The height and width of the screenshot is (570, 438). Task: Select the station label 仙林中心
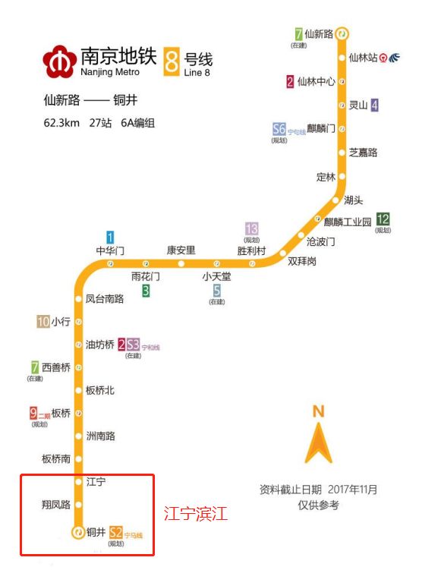click(317, 82)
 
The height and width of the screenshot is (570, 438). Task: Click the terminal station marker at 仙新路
click(343, 34)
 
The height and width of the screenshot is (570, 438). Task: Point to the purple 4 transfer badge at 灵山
click(374, 105)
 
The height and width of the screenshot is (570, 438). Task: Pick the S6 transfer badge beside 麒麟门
click(279, 130)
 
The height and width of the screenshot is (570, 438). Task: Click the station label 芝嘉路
click(363, 153)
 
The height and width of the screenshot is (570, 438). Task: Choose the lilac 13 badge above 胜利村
click(252, 228)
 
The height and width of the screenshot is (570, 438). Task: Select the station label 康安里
click(181, 250)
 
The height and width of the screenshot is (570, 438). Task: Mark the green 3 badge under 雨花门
click(146, 290)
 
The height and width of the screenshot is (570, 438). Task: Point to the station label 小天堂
click(216, 277)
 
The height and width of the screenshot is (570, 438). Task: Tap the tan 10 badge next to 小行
click(43, 322)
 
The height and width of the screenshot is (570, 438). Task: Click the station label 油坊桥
click(99, 345)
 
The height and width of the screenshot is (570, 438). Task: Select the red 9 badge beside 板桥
click(33, 414)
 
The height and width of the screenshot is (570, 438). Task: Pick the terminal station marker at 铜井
click(77, 533)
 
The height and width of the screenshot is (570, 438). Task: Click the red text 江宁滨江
click(196, 514)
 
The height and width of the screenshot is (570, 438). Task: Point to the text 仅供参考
click(319, 505)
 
